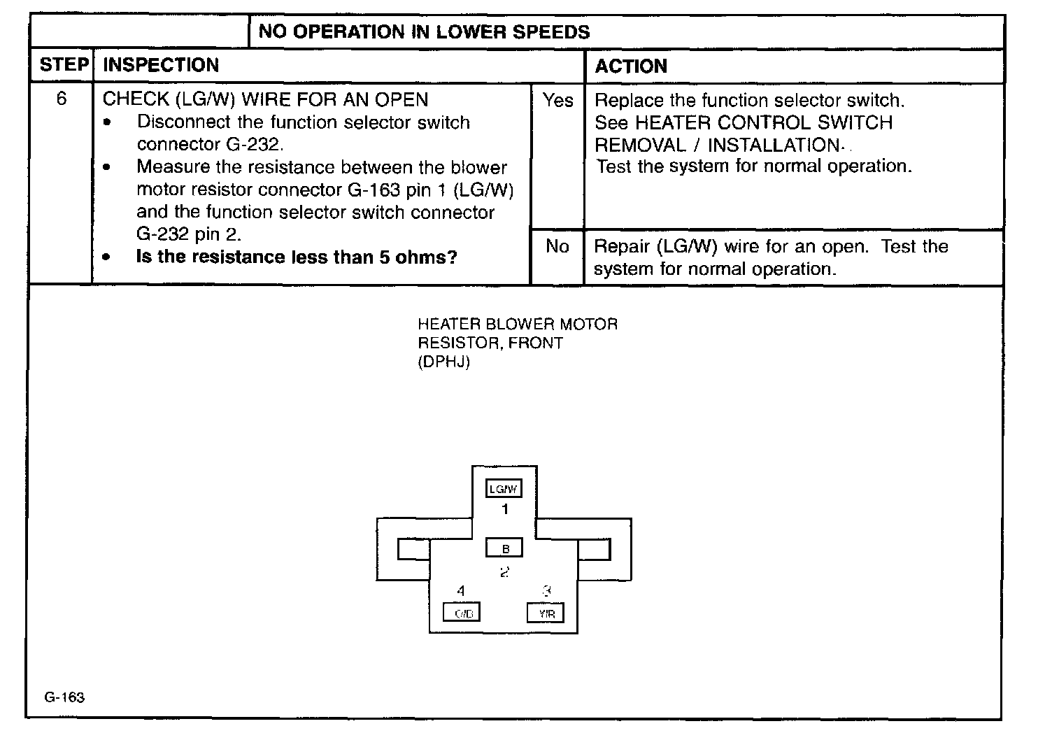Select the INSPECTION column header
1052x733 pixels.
coord(161,66)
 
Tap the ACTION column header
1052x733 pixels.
coord(631,66)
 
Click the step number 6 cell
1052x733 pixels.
coord(62,99)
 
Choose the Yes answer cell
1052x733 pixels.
coord(557,101)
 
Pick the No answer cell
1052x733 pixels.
coord(557,246)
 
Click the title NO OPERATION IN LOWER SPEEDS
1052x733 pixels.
coord(424,32)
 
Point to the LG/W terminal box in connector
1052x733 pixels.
coord(504,489)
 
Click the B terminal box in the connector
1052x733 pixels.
coord(504,549)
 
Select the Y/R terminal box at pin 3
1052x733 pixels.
coord(546,613)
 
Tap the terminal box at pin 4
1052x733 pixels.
coord(462,613)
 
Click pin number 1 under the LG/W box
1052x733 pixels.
coord(505,510)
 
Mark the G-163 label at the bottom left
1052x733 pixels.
coord(64,697)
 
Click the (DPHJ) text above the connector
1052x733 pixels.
coord(443,362)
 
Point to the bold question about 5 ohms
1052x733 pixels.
coord(297,257)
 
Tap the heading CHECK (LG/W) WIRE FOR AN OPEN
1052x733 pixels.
coord(265,99)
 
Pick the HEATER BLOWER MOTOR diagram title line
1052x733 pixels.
coord(518,325)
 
